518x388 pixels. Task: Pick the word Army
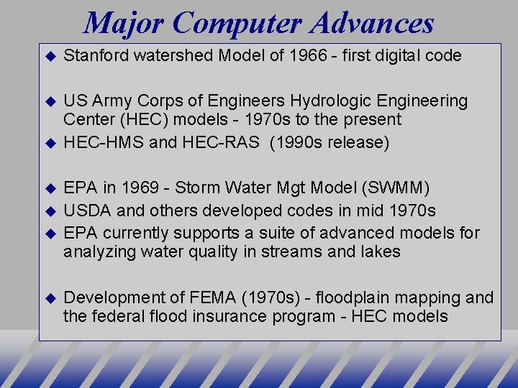[x=108, y=101]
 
